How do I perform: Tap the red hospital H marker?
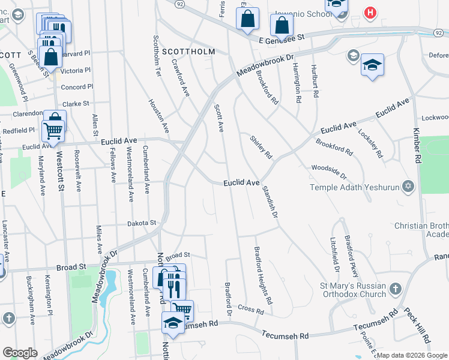point(371,13)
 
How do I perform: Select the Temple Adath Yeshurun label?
point(354,188)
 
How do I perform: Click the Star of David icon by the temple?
point(408,187)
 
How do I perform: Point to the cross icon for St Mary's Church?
point(395,289)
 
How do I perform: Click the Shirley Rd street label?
point(261,146)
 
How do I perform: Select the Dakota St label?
point(142,223)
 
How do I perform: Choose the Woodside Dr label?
point(329,172)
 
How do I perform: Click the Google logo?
point(20,352)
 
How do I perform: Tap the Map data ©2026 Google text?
point(412,355)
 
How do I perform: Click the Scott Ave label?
point(219,118)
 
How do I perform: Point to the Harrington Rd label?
point(298,86)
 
